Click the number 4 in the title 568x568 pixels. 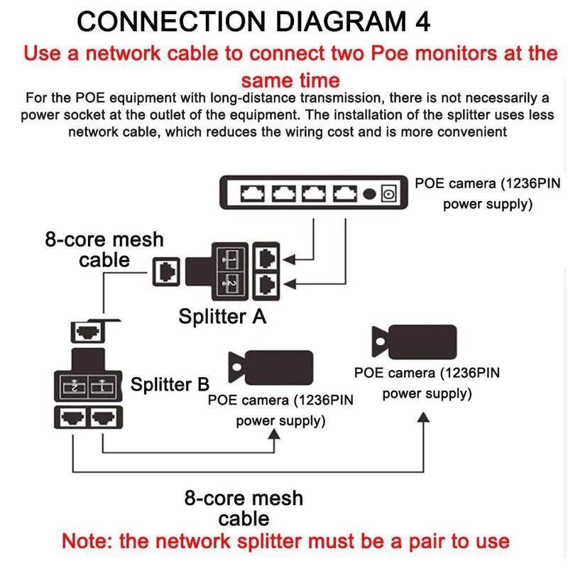[x=421, y=21]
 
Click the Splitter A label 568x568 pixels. [x=222, y=316]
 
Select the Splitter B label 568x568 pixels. [x=170, y=385]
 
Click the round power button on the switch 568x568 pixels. [x=368, y=193]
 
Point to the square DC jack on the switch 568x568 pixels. [x=388, y=193]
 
